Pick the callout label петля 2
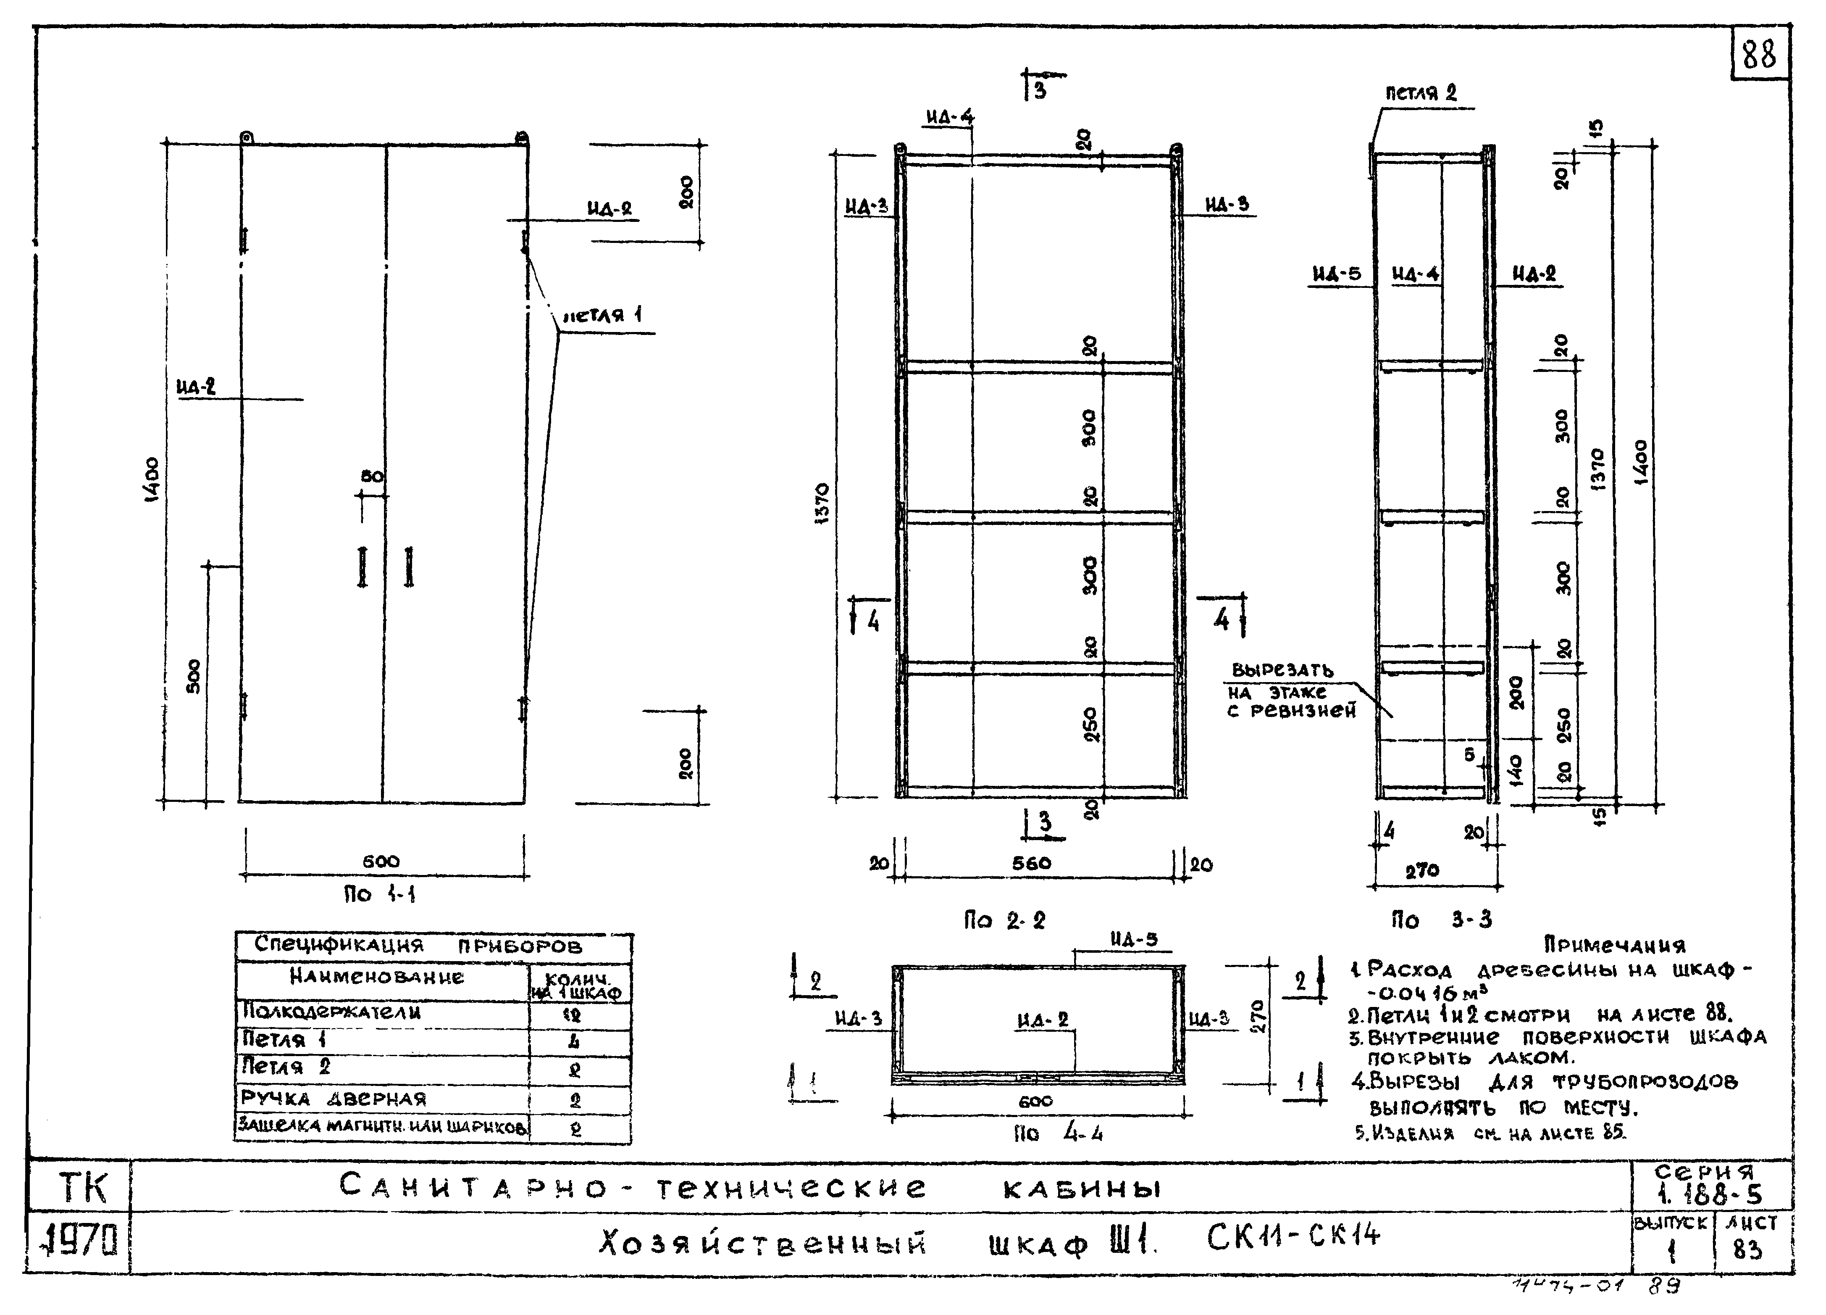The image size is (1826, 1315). [x=1421, y=92]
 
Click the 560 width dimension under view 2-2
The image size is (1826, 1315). [x=1031, y=863]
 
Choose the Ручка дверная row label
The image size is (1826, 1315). [x=334, y=1099]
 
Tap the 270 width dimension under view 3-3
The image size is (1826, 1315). [x=1422, y=870]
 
